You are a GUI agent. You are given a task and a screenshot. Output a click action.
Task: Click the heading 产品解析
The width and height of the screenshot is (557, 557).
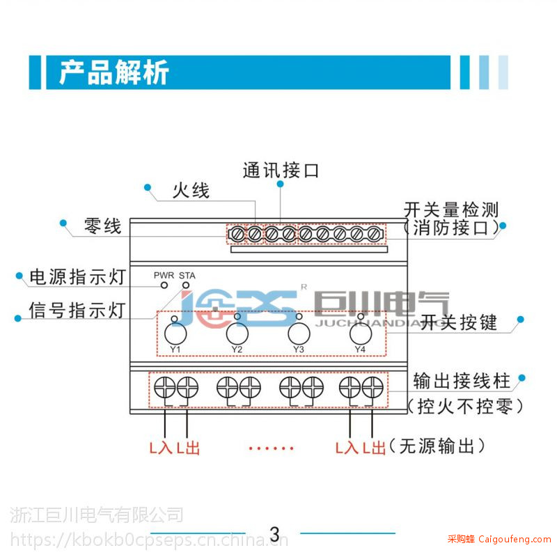coord(113,72)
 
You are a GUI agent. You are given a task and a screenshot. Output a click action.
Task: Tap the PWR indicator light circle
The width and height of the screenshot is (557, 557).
coord(164,285)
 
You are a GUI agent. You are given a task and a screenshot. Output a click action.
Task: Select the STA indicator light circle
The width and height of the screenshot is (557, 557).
coord(186,285)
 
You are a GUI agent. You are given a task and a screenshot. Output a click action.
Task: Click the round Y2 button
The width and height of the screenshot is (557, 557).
coord(237,334)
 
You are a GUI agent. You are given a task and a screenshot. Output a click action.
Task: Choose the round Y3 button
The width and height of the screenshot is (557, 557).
coord(299,334)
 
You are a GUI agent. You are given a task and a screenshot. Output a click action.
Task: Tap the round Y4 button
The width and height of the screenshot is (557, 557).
coord(361,334)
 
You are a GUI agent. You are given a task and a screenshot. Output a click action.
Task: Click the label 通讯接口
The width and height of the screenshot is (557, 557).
coord(281,170)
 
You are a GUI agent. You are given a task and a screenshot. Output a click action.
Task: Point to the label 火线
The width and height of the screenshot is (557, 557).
coord(191,190)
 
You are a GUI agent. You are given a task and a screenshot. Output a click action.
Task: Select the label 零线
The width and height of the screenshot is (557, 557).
coord(103,226)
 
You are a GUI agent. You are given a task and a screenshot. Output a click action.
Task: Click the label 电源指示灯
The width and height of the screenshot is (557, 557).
coord(78,276)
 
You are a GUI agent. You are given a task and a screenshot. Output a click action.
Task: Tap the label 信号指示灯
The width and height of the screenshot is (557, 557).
coord(77,310)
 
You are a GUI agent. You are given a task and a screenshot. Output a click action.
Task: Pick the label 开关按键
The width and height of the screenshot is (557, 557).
coord(459,322)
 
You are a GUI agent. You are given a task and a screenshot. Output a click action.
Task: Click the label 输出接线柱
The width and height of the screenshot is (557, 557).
coord(462,381)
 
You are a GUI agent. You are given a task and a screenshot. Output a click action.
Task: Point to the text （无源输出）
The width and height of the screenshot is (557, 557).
coord(437,446)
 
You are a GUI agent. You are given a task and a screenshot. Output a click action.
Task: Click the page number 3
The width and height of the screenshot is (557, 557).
coord(274,534)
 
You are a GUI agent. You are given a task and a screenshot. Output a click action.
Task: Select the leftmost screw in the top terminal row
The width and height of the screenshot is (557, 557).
coord(237,234)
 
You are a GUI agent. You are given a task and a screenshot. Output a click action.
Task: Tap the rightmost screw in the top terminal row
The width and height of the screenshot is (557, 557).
coord(374,234)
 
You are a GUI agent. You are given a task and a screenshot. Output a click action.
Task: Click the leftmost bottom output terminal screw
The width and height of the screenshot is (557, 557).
coord(165,387)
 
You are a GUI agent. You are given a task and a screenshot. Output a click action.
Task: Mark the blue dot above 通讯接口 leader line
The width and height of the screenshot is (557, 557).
coord(281,184)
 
